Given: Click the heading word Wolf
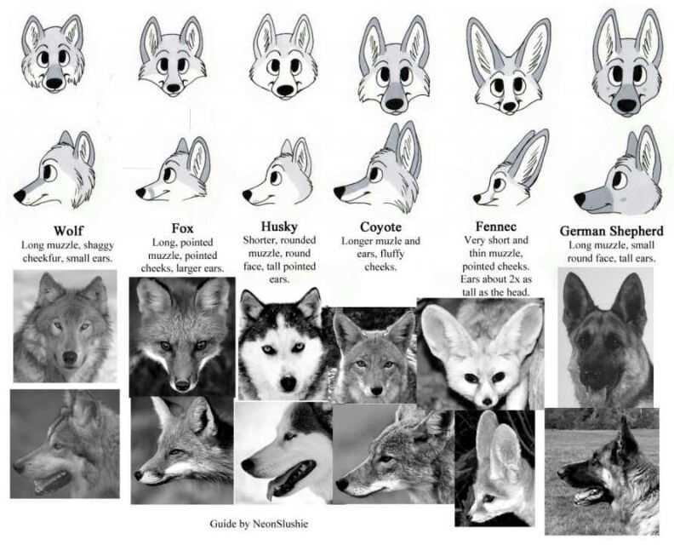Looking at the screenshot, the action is tap(68, 231).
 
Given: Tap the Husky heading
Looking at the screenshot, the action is tap(279, 227).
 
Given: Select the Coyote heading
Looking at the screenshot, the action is tap(380, 227).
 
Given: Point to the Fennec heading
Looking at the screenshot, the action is tap(495, 227).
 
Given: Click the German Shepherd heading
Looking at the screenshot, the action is tap(611, 231).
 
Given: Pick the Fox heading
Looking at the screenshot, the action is tap(182, 227).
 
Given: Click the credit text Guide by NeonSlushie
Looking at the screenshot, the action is tap(259, 524).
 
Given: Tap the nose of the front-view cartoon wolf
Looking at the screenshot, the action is tap(54, 83).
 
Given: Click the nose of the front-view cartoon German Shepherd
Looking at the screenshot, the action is tap(626, 104).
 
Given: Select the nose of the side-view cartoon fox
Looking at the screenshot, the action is tap(140, 192).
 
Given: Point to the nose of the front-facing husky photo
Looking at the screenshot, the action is tap(288, 384).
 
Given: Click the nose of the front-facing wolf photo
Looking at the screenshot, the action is tap(70, 357).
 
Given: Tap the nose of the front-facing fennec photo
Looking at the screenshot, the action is tap(487, 401).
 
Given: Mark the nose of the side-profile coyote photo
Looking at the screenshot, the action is tap(342, 485).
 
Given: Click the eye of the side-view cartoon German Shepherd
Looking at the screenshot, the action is tap(618, 178).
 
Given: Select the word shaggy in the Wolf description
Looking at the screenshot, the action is tap(99, 245).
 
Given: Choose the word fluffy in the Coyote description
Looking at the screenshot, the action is tap(392, 254).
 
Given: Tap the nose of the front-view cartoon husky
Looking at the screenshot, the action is tap(284, 91).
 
